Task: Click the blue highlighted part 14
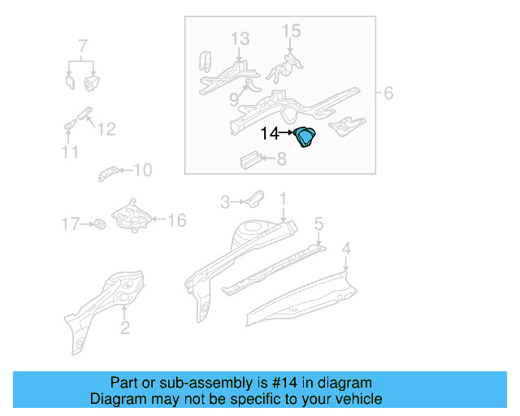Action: (307, 139)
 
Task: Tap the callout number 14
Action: (269, 133)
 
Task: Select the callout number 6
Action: (388, 94)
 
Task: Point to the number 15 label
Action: (291, 31)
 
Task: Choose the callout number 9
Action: (234, 100)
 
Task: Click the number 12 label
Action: (106, 128)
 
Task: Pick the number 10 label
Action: (142, 170)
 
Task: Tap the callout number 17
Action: (71, 223)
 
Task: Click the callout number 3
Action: (227, 200)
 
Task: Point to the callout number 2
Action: (124, 327)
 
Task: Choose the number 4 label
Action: (345, 248)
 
